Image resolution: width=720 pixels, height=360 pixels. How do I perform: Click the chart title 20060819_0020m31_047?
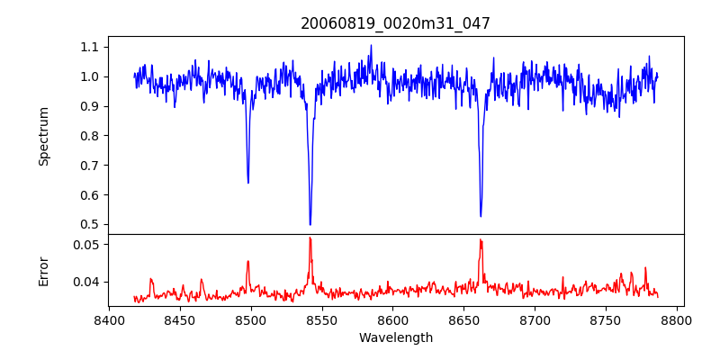[x=395, y=23]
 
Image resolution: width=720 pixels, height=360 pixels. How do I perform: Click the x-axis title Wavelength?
[x=395, y=338]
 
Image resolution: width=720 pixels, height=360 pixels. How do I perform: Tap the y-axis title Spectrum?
[x=43, y=136]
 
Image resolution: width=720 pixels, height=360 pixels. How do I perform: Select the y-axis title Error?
[x=43, y=270]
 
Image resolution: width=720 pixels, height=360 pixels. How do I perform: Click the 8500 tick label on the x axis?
[x=251, y=319]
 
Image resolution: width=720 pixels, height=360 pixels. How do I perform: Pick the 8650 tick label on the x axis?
[x=464, y=319]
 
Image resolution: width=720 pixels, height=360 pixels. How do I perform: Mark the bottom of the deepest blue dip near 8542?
[x=310, y=224]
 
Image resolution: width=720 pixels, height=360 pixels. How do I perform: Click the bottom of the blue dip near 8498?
[x=248, y=183]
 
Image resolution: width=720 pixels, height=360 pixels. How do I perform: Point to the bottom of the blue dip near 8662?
[x=481, y=216]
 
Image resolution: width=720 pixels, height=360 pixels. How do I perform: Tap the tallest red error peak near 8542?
[x=310, y=238]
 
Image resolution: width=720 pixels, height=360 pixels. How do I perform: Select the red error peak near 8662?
[x=481, y=239]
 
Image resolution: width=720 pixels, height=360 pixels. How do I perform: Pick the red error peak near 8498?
[x=248, y=261]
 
